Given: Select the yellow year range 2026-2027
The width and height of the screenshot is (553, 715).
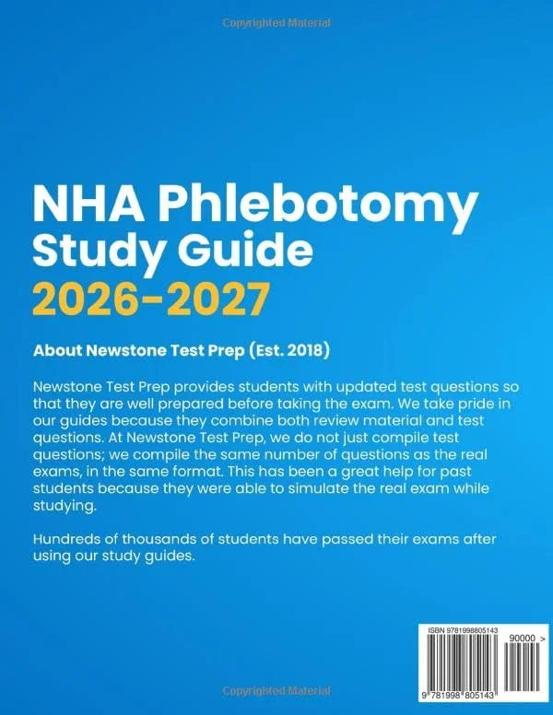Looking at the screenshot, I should coord(151,299).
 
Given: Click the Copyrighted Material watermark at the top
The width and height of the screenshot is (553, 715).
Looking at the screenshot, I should coord(276,20).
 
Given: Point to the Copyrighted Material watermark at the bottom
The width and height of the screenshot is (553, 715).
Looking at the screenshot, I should coord(276,692).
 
